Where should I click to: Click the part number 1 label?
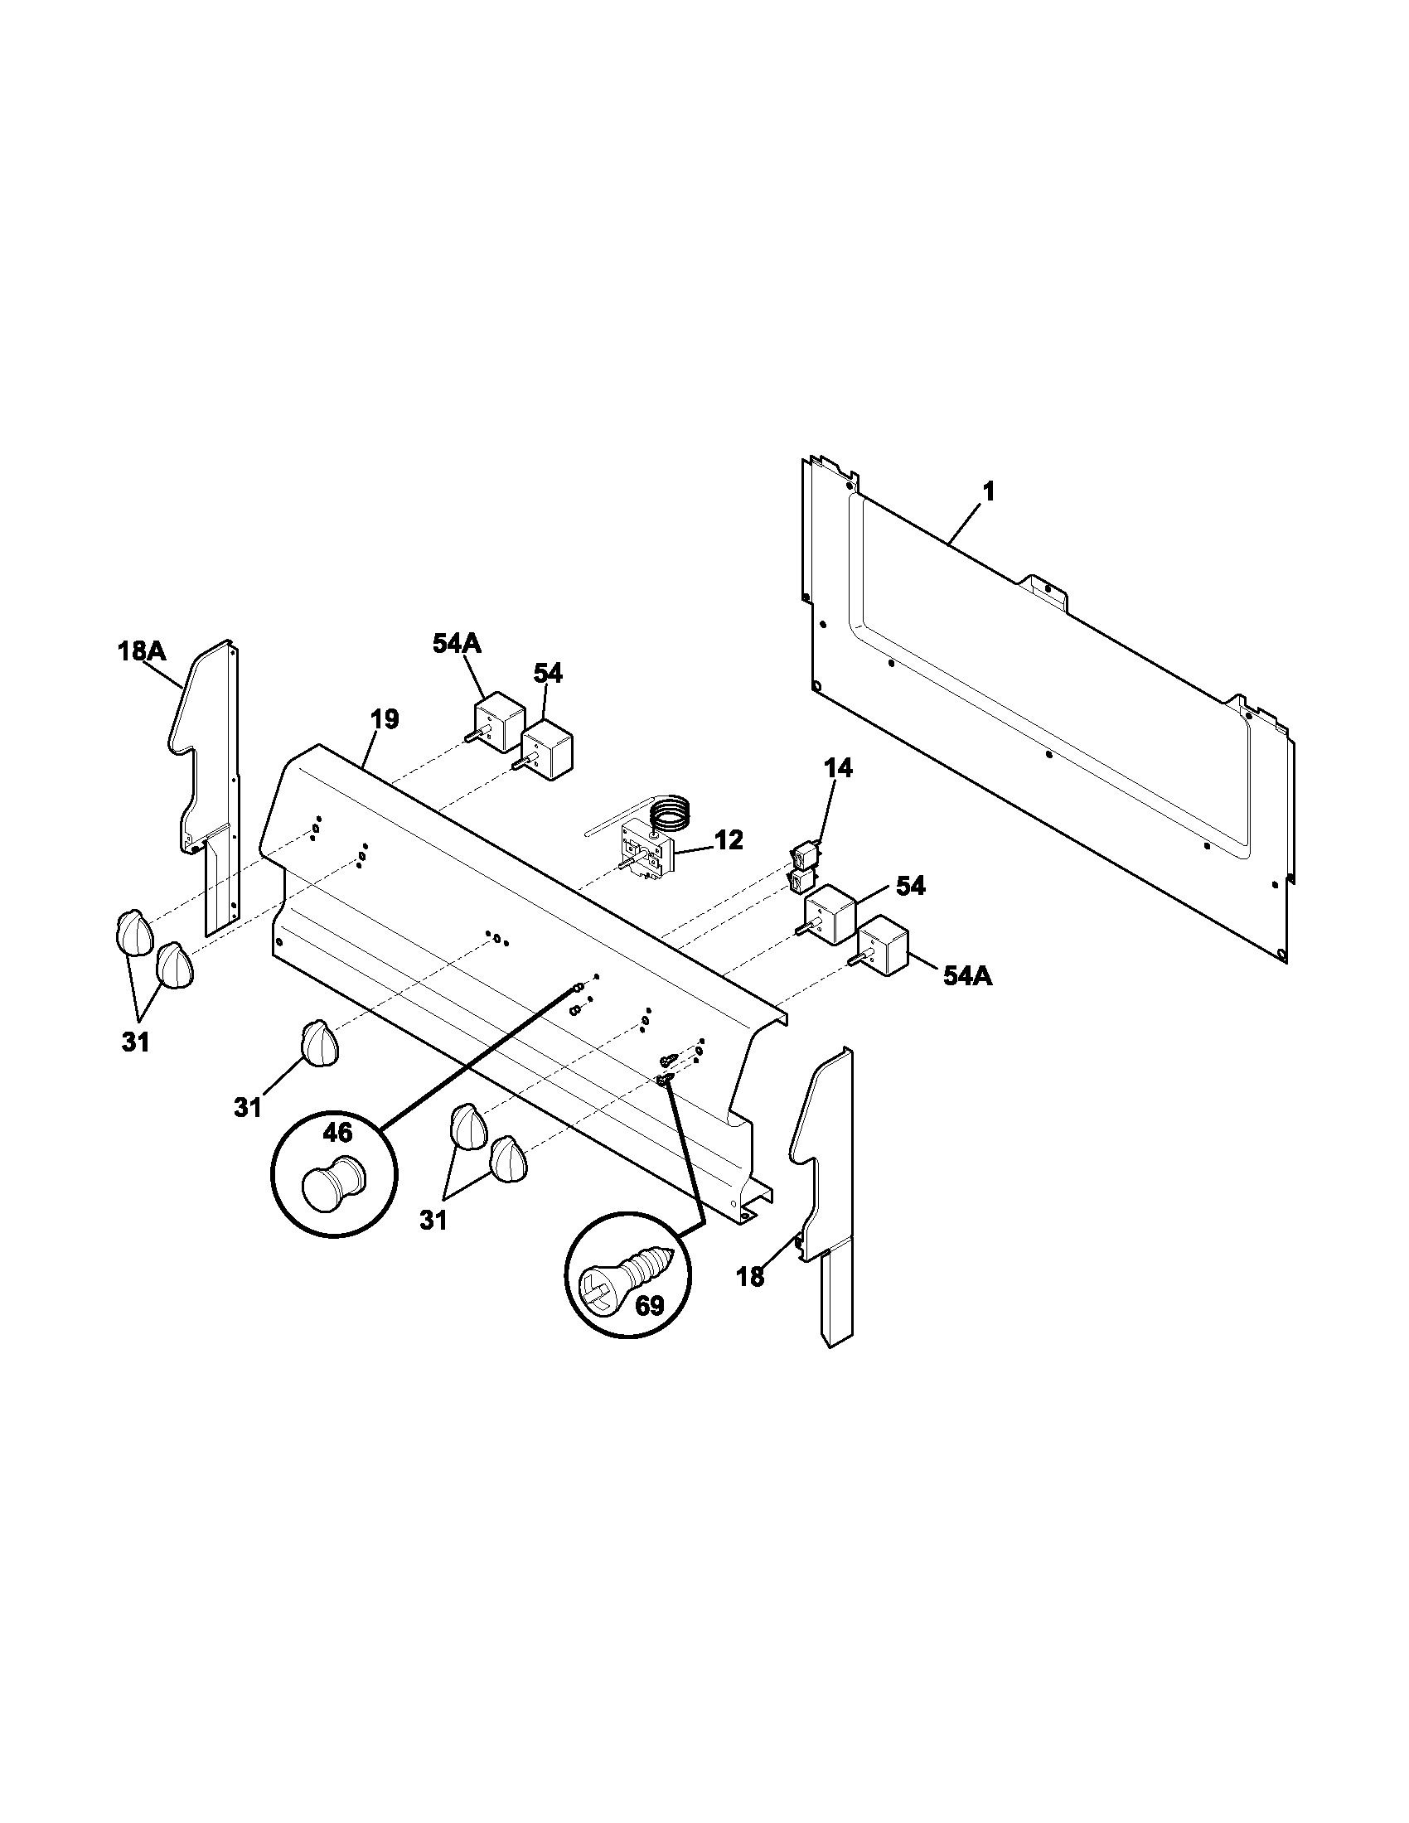click(x=989, y=492)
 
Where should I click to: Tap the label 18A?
click(x=141, y=651)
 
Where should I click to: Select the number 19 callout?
click(x=384, y=718)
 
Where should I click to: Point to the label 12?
click(x=729, y=840)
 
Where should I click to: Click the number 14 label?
click(x=838, y=768)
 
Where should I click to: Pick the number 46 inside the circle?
click(x=338, y=1133)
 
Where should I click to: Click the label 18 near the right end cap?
click(x=750, y=1277)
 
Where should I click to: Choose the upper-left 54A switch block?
click(x=498, y=725)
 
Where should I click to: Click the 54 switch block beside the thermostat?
click(x=828, y=915)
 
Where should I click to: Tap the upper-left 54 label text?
click(x=548, y=673)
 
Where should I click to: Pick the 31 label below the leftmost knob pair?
click(x=135, y=1042)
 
